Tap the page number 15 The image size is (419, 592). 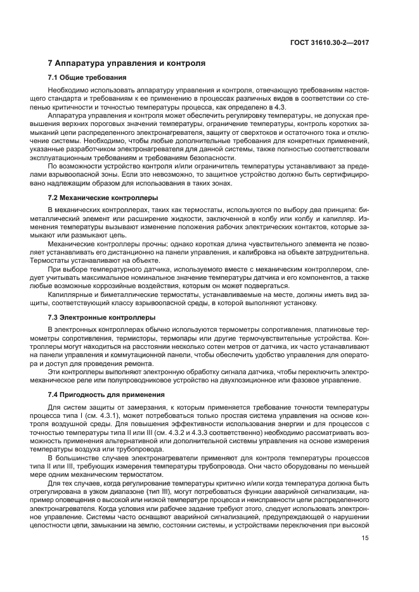[365, 539]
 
